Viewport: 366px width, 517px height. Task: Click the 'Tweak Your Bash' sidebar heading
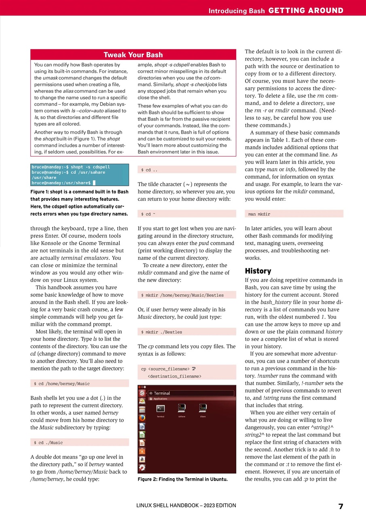133,55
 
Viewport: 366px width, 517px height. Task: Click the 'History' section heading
258,271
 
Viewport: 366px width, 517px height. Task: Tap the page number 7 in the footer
341,506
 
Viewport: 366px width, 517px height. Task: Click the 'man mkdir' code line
259,214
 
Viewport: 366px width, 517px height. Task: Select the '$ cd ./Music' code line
48,443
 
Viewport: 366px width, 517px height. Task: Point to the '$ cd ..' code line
149,170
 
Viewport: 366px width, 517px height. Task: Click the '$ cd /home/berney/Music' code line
61,383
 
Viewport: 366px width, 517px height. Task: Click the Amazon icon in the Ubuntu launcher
142,459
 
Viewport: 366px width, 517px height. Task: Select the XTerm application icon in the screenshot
203,408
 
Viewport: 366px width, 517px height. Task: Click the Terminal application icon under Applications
161,409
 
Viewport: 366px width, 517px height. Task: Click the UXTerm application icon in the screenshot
182,408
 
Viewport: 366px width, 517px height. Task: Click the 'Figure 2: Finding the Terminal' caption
182,479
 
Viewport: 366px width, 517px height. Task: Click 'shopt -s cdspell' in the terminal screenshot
90,167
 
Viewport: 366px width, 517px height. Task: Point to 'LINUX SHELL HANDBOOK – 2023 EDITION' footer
186,505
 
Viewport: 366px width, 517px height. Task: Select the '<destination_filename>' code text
174,376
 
